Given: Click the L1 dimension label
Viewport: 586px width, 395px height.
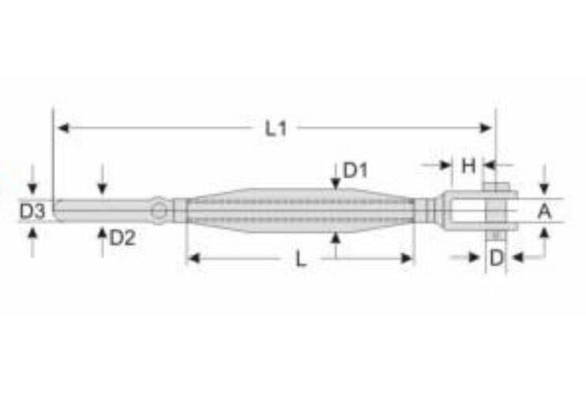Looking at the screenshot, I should coord(275,129).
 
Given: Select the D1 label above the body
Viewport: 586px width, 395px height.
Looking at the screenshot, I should coord(356,170).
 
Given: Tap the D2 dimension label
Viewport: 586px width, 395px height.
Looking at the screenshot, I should coord(122,237).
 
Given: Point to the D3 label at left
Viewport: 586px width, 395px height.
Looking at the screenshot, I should coord(32,211).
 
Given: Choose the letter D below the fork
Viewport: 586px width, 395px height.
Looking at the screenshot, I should coord(495,258).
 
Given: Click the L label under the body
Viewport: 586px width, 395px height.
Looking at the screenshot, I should coord(301,258).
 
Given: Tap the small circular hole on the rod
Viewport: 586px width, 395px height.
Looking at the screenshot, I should coord(160,210).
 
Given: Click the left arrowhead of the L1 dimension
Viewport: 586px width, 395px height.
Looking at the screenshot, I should coord(60,127).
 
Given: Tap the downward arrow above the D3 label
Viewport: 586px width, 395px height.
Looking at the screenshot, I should coord(32,189).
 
